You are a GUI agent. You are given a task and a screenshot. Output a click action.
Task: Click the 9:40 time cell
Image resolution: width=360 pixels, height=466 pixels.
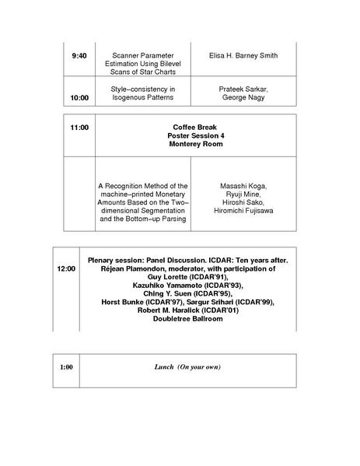tap(79, 57)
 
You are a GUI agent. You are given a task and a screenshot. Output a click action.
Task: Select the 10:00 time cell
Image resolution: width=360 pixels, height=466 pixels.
tap(79, 99)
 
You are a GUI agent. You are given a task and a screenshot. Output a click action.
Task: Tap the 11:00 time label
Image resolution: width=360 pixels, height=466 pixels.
tap(79, 126)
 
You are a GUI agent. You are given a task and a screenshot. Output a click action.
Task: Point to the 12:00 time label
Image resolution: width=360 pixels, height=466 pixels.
tap(66, 268)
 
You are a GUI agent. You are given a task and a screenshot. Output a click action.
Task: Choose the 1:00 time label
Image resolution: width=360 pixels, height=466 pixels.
tap(67, 366)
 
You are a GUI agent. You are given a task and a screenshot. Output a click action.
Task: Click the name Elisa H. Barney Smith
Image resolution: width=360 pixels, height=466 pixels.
tap(243, 57)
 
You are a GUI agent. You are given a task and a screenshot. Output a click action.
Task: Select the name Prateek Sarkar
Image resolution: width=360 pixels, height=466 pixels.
tap(243, 89)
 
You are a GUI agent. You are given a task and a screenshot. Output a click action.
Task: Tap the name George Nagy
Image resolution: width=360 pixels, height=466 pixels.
tap(243, 99)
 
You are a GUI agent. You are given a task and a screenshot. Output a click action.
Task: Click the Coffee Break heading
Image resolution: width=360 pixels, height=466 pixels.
tap(194, 126)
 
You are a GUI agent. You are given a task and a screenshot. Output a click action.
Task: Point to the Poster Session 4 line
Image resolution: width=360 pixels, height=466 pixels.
tap(194, 135)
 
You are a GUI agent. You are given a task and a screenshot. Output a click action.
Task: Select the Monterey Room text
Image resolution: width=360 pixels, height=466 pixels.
tap(194, 145)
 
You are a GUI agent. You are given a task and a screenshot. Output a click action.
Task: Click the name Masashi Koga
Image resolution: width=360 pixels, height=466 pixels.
tap(243, 187)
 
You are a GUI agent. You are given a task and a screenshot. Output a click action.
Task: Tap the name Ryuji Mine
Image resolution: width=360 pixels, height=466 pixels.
tap(243, 195)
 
